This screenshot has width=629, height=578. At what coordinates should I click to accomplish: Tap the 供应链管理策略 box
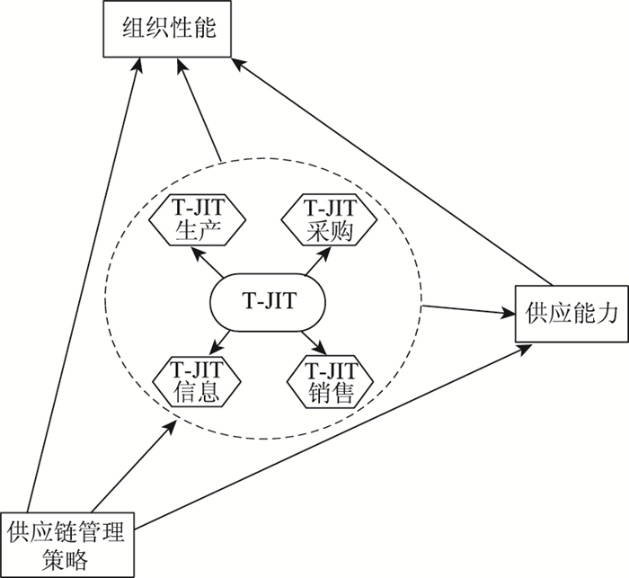(x=71, y=538)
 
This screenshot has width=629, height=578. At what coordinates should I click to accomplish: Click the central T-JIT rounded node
(x=266, y=299)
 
